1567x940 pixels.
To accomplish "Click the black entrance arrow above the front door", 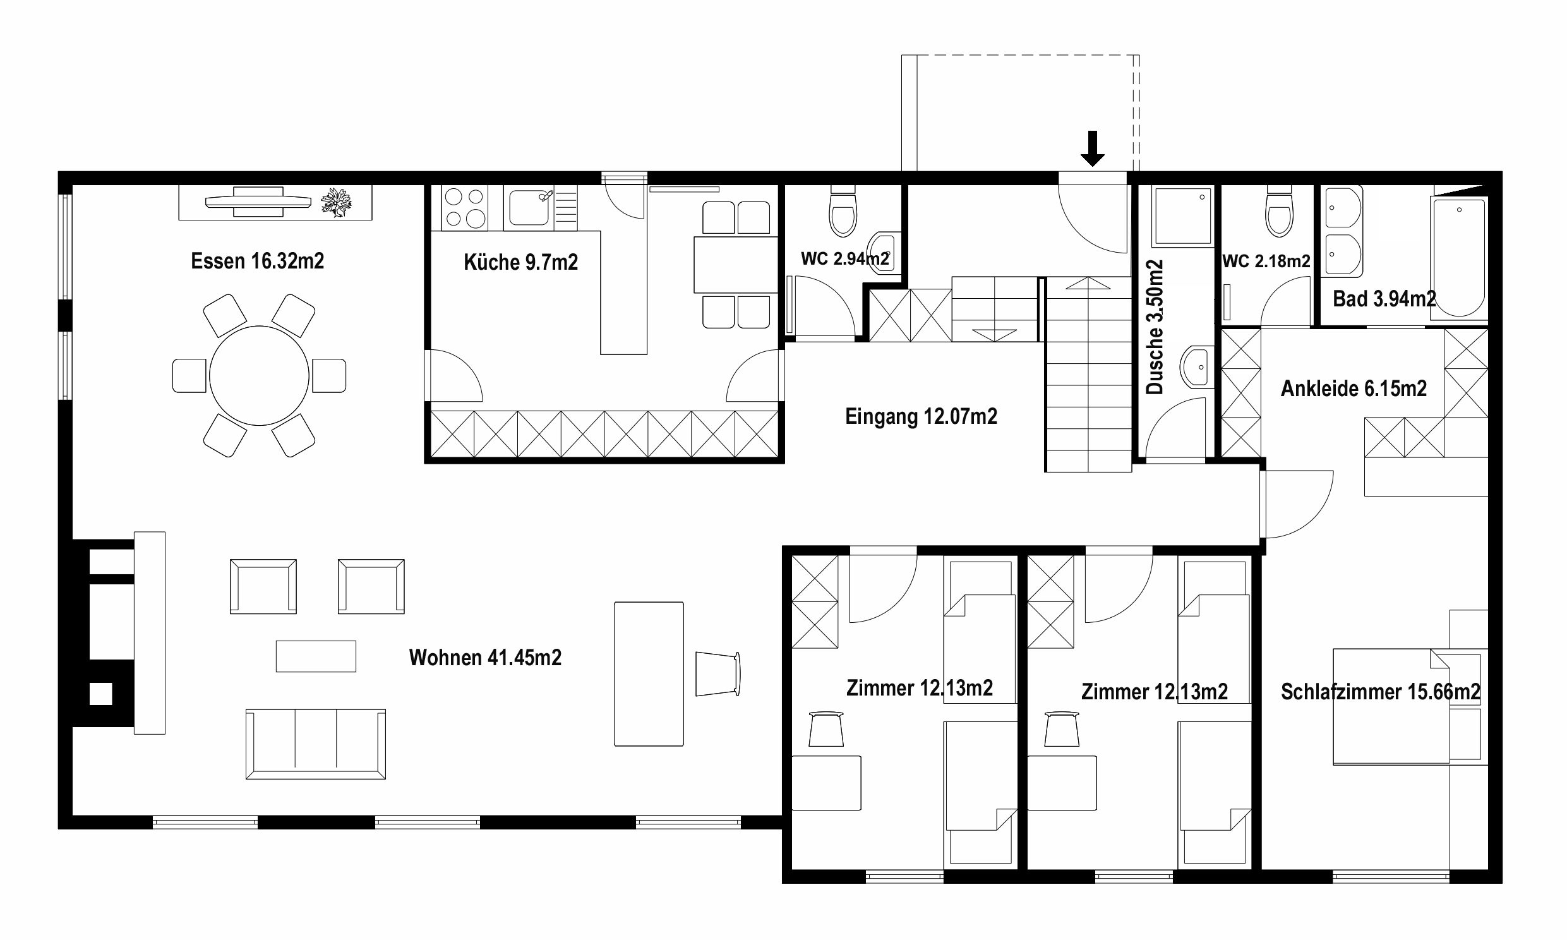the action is coord(1092,148).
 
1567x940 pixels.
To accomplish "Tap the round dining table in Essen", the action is coord(259,376).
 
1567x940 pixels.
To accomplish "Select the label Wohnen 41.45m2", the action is coord(485,658).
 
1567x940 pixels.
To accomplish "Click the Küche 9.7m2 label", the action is coord(520,262).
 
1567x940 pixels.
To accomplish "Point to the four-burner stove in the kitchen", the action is coord(465,208).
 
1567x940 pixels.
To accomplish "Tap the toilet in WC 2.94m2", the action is coord(843,211).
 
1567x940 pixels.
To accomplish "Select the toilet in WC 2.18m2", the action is coord(1279,211).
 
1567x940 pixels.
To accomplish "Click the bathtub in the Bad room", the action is coord(1459,257).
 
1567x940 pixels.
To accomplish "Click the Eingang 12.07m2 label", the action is coord(922,416).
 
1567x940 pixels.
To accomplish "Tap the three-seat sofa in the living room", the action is coord(316,744).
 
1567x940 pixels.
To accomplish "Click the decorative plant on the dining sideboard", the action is coord(336,203).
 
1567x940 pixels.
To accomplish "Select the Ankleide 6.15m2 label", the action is coord(1354,389).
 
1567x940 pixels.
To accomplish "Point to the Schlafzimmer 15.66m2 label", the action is coord(1380,692).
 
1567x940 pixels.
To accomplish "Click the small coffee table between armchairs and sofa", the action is coord(316,656).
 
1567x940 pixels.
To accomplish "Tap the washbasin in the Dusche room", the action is coord(1197,367).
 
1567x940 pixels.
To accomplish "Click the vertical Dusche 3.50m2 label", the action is coord(1155,327).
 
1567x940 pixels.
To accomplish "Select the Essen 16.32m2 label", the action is coord(258,261).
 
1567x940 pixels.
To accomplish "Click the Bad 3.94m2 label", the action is coord(1384,299).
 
